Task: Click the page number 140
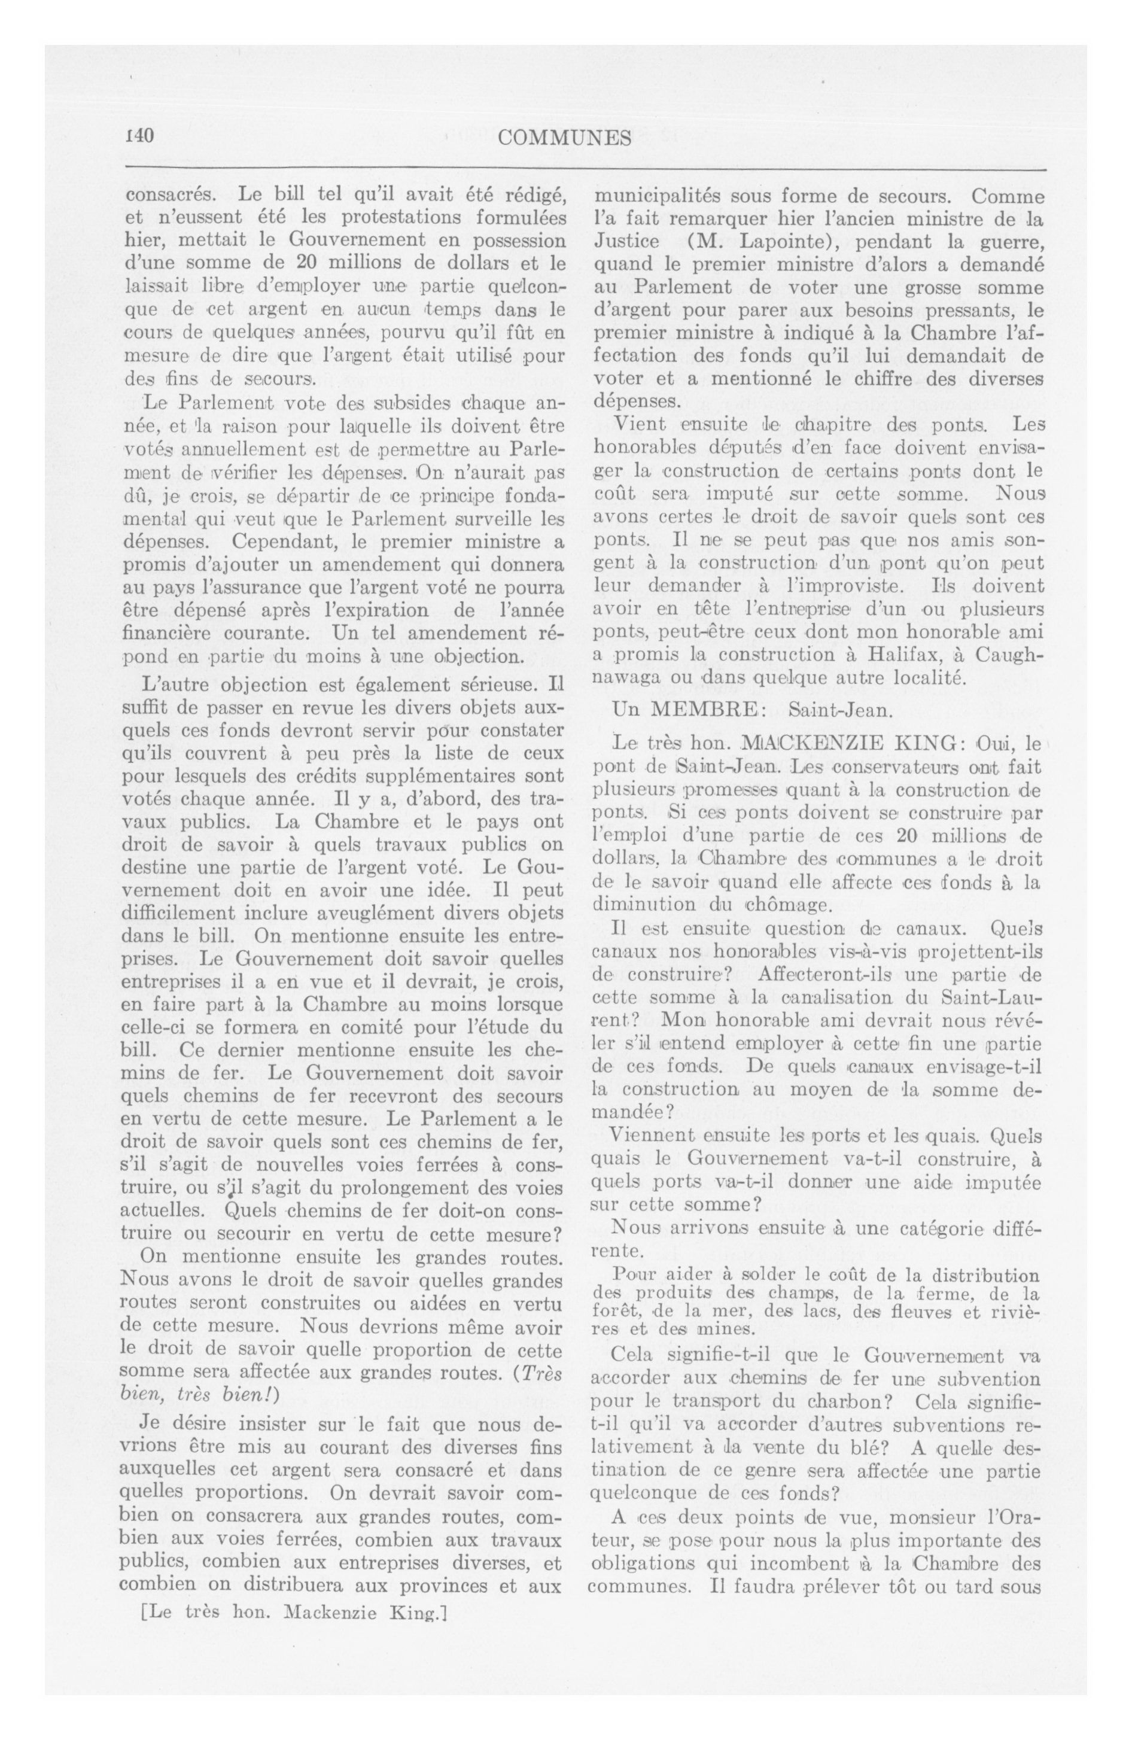tap(138, 136)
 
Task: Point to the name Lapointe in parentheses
tap(776, 241)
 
